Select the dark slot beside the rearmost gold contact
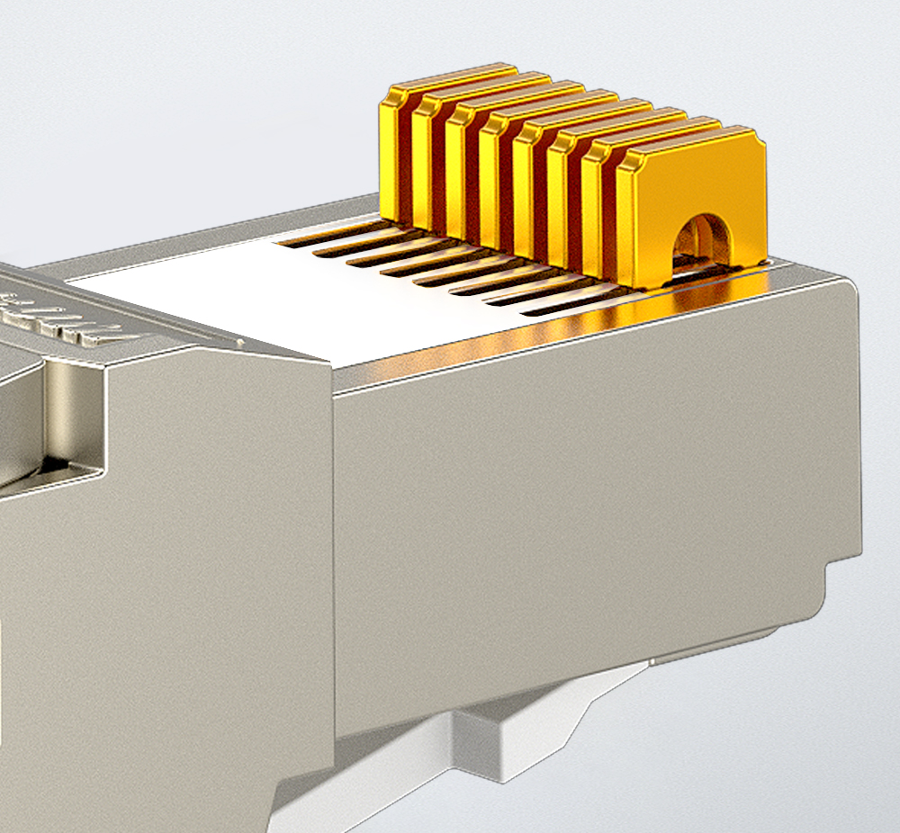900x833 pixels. [328, 236]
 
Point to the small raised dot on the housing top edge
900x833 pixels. [241, 342]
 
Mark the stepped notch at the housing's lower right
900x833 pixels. [832, 576]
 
